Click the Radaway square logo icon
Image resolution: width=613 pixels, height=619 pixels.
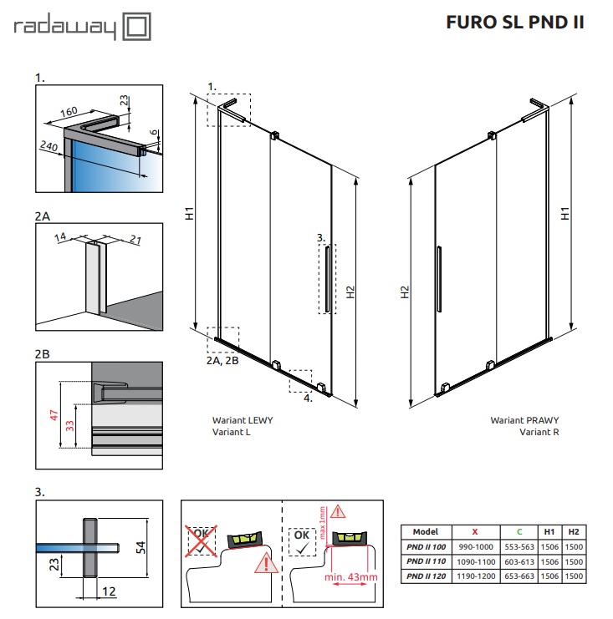pos(136,27)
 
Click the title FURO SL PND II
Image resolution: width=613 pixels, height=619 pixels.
pos(515,22)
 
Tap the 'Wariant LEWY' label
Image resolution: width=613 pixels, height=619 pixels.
pos(243,421)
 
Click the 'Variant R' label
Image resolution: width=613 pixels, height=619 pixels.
pos(539,432)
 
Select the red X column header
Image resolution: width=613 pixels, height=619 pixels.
pos(475,531)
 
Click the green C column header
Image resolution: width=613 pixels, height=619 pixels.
pos(518,531)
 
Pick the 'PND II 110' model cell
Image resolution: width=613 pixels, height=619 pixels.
pos(426,561)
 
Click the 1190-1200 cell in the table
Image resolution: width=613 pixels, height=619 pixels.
pos(475,576)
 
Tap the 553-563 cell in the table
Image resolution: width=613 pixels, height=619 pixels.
pos(518,546)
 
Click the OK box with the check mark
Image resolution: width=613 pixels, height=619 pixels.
pos(302,538)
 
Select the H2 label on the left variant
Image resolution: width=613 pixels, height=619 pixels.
pos(350,292)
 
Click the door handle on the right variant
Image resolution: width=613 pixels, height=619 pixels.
pos(437,280)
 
